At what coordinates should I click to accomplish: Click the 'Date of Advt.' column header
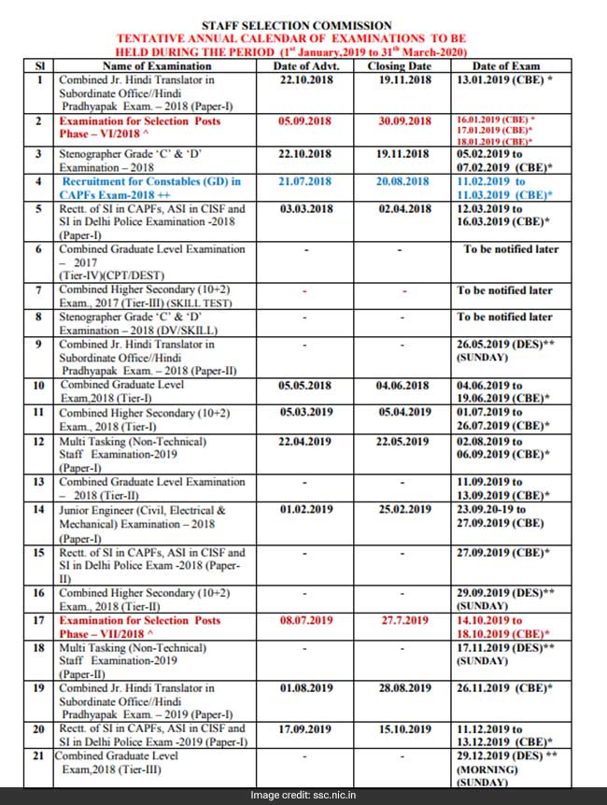[x=304, y=66]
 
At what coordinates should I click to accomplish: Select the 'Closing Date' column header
[x=400, y=66]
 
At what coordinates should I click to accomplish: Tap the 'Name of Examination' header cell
[x=157, y=66]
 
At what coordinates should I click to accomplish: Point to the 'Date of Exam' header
[x=506, y=66]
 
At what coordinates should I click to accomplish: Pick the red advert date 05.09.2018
[x=304, y=121]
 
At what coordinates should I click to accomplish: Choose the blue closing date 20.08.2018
[x=403, y=181]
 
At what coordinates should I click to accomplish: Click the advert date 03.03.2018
[x=304, y=209]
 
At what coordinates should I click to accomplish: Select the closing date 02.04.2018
[x=403, y=209]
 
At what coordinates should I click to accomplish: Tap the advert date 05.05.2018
[x=304, y=385]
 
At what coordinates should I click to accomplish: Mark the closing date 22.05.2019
[x=403, y=442]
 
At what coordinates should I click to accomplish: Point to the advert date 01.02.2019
[x=304, y=510]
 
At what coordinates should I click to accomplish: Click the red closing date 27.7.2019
[x=403, y=620]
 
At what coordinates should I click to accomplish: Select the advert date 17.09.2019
[x=304, y=728]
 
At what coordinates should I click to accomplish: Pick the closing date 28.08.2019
[x=403, y=688]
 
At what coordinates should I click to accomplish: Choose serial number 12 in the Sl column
[x=39, y=442]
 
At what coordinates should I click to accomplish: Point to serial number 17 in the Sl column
[x=39, y=620]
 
